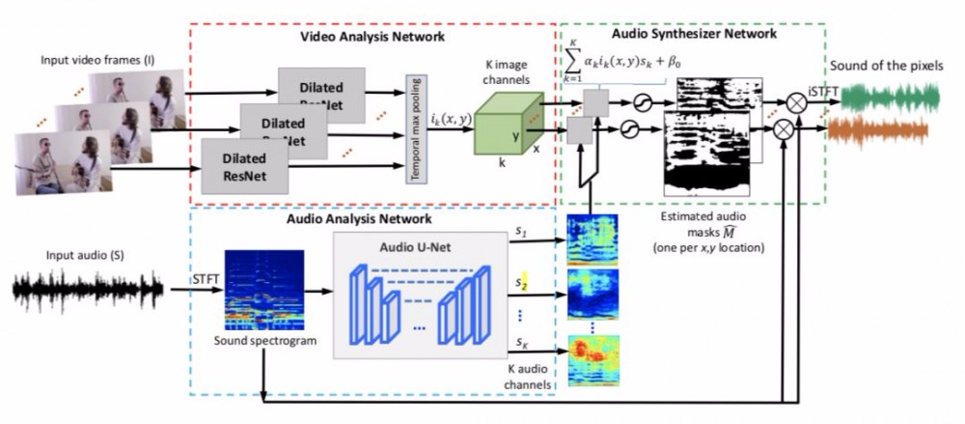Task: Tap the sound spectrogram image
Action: (263, 291)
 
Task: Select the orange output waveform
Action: (879, 129)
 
